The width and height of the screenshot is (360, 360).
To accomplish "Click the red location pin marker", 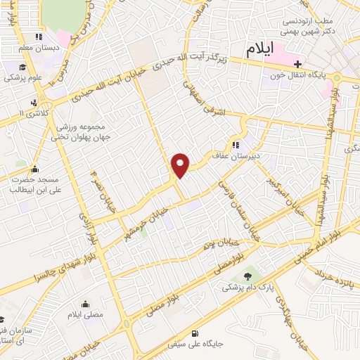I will pyautogui.click(x=181, y=165).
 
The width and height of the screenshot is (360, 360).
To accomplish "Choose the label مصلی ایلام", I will pyautogui.click(x=85, y=314).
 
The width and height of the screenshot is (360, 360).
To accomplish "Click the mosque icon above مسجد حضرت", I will pyautogui.click(x=35, y=169).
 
